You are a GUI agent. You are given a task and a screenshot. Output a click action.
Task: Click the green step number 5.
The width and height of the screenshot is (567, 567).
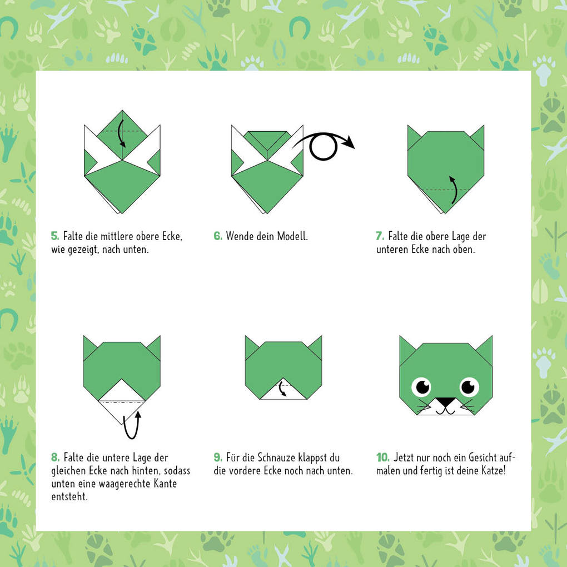pos(54,236)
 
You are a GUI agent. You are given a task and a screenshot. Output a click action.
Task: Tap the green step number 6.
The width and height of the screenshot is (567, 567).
pos(217,236)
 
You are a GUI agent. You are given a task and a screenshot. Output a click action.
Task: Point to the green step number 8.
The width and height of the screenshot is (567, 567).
pos(55,457)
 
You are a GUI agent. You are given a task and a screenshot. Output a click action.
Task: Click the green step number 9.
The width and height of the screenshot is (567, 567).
pos(218,457)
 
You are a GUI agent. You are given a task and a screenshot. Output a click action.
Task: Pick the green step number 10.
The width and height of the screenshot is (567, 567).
pos(382,457)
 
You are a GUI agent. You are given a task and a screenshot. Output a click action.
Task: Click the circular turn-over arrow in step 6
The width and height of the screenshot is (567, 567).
pos(323,148)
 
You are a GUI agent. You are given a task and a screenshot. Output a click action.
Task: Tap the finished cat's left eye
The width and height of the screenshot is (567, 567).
pos(421,386)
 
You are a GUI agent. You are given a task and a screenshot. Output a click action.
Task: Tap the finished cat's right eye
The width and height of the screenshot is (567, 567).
pos(470,386)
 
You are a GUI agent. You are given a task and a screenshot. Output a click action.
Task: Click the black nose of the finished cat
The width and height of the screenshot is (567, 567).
pos(445,402)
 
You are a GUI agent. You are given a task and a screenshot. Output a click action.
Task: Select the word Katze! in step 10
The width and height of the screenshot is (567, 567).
pos(490,471)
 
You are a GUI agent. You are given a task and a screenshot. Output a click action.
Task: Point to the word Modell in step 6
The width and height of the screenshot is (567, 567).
pos(292,236)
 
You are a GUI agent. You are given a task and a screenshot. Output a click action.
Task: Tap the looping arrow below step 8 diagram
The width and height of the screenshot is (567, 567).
pos(132,425)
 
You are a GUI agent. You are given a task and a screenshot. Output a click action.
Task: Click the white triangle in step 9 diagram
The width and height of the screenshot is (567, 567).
pos(283,392)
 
